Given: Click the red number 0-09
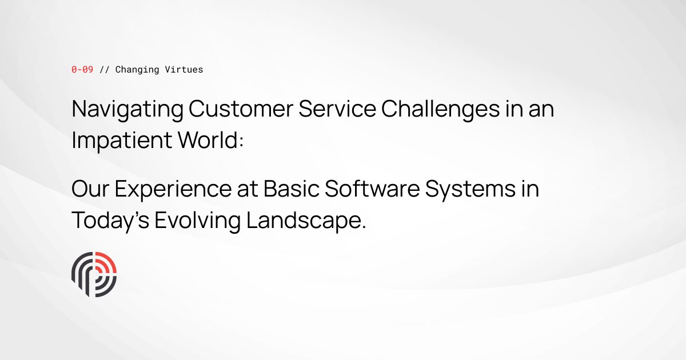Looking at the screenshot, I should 82,70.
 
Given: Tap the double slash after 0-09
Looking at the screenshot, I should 104,70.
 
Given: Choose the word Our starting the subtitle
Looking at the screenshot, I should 90,190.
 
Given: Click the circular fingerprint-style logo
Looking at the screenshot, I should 94,274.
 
